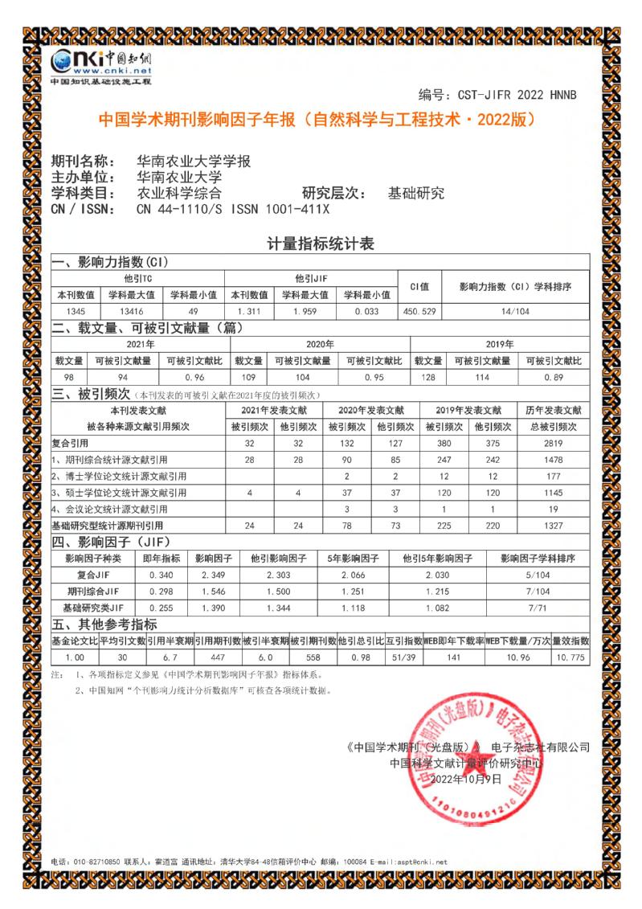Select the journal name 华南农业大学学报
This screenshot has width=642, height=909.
tap(194, 161)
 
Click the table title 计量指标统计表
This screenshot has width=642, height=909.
tap(321, 243)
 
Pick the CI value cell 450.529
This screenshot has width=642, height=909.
tap(419, 310)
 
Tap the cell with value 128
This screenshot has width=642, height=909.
tap(427, 378)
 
